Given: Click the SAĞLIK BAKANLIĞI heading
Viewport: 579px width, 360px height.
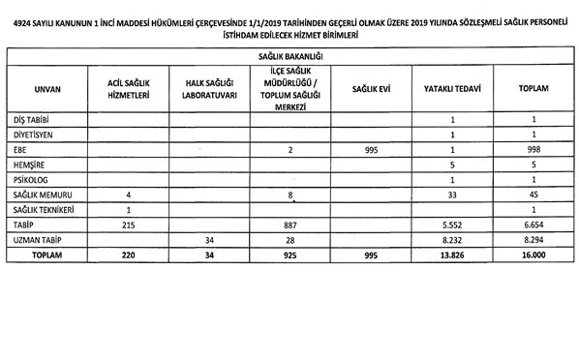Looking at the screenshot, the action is click(290, 59).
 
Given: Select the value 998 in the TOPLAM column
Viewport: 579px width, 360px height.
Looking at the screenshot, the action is click(533, 150).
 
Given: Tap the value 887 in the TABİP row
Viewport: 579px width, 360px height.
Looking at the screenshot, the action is click(289, 225).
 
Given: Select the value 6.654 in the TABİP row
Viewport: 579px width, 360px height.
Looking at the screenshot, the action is click(533, 225).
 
